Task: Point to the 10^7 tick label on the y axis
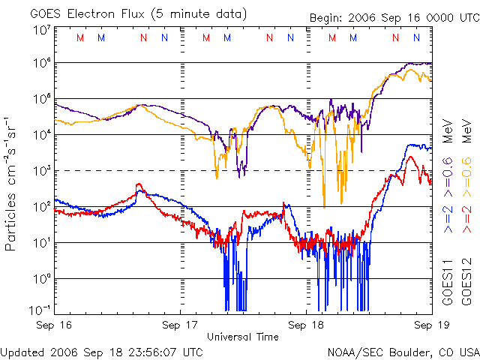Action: click(x=41, y=30)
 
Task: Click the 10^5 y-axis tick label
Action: click(x=41, y=100)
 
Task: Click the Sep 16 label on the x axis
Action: click(x=55, y=325)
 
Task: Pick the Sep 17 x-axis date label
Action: click(x=181, y=325)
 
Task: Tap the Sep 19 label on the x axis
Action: click(x=430, y=325)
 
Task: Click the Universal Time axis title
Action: click(x=243, y=337)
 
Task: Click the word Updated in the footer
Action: click(x=23, y=351)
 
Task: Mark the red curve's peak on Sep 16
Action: click(x=138, y=184)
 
